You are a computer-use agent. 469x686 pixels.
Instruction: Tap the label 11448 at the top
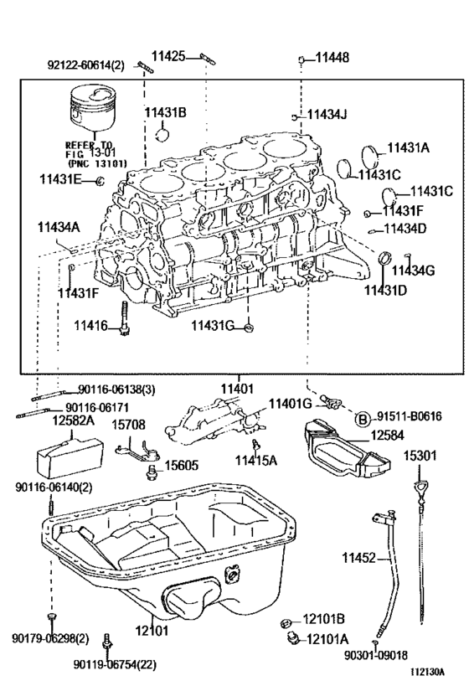pyautogui.click(x=332, y=58)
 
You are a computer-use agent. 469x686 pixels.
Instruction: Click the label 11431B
pyautogui.click(x=165, y=111)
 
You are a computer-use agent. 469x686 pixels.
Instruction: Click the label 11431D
pyautogui.click(x=384, y=290)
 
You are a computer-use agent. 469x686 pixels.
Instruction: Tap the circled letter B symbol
pyautogui.click(x=363, y=420)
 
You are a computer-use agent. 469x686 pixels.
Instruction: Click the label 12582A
pyautogui.click(x=73, y=420)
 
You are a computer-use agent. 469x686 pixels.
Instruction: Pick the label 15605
pyautogui.click(x=181, y=465)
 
